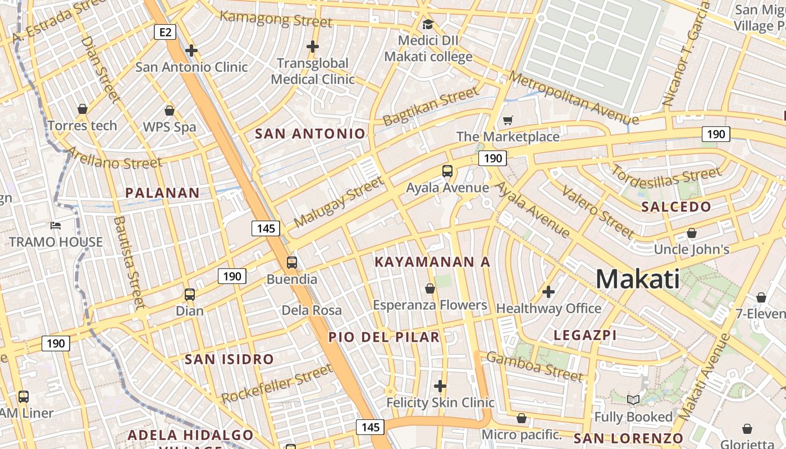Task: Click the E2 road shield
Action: point(165,32)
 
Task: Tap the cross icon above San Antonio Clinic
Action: point(191,51)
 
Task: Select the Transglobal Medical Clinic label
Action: point(313,71)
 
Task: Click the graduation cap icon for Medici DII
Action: point(428,24)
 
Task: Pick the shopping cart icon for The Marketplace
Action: point(508,120)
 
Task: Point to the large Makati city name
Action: point(637,279)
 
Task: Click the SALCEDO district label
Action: point(676,207)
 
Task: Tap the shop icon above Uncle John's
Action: point(692,233)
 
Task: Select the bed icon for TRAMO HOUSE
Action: point(56,226)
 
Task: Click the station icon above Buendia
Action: point(291,262)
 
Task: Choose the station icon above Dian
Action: point(190,294)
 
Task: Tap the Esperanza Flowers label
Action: point(430,305)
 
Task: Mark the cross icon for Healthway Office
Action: point(549,292)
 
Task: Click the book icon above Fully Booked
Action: point(633,400)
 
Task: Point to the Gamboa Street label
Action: point(534,366)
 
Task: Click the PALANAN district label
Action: point(162,193)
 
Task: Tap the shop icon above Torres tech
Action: point(83,109)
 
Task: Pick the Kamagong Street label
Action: point(276,19)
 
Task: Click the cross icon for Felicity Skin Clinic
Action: point(440,386)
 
